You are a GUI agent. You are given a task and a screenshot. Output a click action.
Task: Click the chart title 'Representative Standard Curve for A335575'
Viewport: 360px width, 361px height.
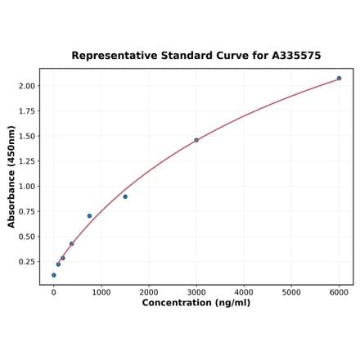click(196, 56)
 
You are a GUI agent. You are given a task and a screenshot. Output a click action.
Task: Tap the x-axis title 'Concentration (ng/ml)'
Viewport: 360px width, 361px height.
click(196, 303)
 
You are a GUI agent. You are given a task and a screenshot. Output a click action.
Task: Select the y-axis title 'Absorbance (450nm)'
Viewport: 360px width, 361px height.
click(11, 177)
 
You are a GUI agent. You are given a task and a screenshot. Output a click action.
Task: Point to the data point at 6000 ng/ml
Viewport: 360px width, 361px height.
click(339, 79)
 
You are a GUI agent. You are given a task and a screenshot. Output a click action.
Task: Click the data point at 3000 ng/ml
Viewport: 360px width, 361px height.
click(196, 140)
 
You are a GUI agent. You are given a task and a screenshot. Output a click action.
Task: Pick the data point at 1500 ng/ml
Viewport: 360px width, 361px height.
click(125, 196)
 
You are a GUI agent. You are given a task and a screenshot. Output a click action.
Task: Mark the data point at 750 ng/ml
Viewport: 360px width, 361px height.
click(89, 216)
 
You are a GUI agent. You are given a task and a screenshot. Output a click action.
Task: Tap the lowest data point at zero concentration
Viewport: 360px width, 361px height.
click(54, 275)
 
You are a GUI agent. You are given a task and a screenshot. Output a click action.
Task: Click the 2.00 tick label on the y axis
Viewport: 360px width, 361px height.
click(26, 86)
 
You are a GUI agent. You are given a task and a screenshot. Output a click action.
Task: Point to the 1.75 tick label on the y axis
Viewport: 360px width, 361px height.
click(26, 111)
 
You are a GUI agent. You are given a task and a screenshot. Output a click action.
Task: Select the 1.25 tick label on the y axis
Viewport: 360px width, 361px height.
click(26, 161)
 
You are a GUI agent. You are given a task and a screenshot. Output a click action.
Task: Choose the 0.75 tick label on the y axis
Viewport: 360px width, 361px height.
click(26, 212)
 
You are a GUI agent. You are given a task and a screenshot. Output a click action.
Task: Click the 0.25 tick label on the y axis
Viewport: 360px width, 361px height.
click(26, 262)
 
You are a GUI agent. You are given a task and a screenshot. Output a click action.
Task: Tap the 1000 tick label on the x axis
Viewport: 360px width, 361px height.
click(101, 291)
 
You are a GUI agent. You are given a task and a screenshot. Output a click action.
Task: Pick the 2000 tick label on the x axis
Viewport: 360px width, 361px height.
click(149, 291)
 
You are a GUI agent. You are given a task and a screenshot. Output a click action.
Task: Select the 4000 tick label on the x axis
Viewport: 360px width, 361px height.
click(244, 291)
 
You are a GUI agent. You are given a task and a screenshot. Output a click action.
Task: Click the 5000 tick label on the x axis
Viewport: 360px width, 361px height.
click(291, 291)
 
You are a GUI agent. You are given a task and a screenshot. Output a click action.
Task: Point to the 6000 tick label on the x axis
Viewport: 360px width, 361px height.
click(339, 291)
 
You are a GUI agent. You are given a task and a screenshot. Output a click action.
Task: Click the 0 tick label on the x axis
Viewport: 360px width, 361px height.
click(54, 291)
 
